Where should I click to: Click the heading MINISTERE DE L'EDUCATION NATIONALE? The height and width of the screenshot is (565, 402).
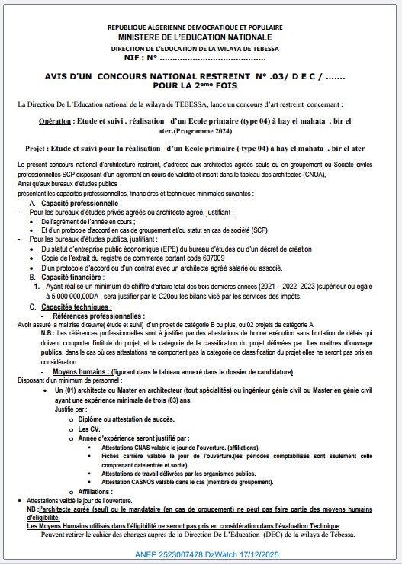coord(200,37)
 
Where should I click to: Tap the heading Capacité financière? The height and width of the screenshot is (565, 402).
coord(70,278)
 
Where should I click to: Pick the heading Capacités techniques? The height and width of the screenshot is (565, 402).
coord(76,307)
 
